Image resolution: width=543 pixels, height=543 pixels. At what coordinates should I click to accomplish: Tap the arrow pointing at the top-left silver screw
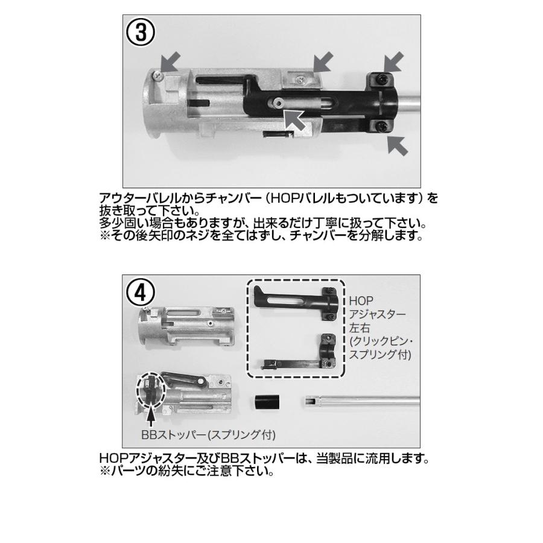tap(171, 61)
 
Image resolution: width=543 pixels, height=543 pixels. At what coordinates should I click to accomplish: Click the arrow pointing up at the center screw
tap(294, 118)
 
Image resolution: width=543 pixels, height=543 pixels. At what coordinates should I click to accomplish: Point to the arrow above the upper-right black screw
tap(395, 61)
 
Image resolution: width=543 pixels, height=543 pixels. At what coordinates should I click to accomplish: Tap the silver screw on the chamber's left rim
tap(157, 74)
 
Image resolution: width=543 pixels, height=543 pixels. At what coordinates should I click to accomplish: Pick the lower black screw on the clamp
tap(381, 125)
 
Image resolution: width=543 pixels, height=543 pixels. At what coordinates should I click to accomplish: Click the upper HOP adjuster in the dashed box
tap(294, 301)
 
